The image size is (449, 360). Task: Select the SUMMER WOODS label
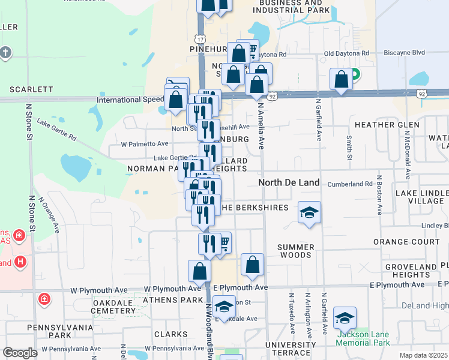[x=295, y=251]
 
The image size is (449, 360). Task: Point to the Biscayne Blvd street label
[x=418, y=52]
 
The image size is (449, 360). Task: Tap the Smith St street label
[x=349, y=148]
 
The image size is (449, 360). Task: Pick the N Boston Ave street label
[x=379, y=196]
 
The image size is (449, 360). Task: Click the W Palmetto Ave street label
[x=145, y=144]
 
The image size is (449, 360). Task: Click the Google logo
[x=20, y=353]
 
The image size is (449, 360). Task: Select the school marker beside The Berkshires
[x=309, y=212]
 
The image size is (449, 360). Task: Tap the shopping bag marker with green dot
[x=342, y=80]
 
